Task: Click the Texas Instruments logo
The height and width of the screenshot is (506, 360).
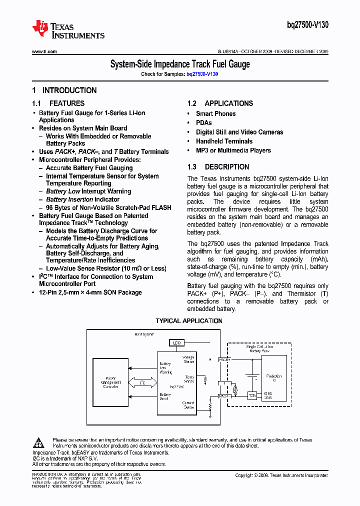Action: [68, 29]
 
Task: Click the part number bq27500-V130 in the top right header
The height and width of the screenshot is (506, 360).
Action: [308, 25]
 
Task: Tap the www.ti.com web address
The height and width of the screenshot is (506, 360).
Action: [44, 51]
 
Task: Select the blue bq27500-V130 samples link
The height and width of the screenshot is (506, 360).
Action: [202, 73]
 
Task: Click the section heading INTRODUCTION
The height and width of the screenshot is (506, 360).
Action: [69, 90]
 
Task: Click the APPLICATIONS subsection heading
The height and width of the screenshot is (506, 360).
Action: [228, 103]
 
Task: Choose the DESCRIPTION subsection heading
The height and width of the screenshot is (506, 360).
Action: [226, 167]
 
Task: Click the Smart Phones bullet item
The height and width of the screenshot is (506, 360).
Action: [215, 114]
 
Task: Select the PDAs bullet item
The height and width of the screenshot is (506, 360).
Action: [204, 123]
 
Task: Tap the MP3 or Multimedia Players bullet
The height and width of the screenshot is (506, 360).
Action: [233, 150]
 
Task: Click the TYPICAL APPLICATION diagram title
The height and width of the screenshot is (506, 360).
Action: [189, 321]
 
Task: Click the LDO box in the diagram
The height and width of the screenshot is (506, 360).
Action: [176, 343]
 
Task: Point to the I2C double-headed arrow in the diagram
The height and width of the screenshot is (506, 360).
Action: [142, 382]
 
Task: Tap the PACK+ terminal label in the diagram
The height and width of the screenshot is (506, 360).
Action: [224, 359]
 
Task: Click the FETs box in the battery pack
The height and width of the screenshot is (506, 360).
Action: [252, 396]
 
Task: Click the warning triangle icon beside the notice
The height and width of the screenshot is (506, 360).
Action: [39, 442]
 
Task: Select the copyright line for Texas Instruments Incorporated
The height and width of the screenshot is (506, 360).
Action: [281, 475]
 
